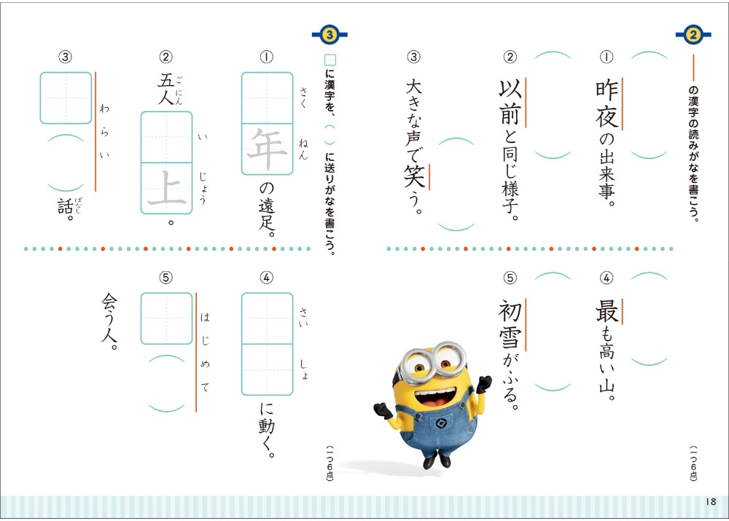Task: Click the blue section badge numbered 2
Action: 693,34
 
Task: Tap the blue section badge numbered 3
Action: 330,34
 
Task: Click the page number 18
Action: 711,501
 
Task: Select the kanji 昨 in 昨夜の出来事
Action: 607,89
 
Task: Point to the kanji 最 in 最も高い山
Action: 607,311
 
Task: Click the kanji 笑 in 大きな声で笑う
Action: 414,176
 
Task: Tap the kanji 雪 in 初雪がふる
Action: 510,338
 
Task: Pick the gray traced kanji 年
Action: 267,149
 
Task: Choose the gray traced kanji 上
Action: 166,188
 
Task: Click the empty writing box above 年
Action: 267,98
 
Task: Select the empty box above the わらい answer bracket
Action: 66,98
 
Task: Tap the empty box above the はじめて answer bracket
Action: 166,318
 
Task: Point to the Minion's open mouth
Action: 437,396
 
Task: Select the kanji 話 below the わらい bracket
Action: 65,207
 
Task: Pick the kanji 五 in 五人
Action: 165,81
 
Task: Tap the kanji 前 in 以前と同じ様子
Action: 510,114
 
